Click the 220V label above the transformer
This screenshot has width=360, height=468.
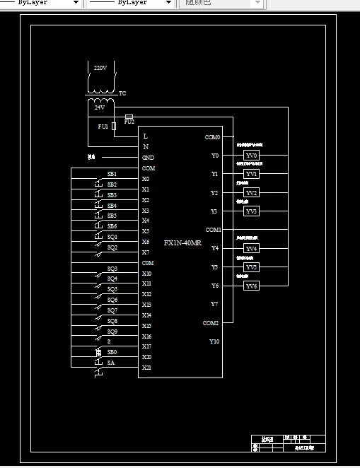[x=100, y=68]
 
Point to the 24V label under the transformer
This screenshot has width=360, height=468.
[x=100, y=107]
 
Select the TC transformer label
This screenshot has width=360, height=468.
[x=122, y=93]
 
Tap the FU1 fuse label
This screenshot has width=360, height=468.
[x=103, y=126]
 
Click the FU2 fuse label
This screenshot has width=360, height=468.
[x=129, y=122]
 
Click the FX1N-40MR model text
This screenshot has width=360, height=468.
[x=182, y=242]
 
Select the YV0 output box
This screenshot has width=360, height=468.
[x=252, y=156]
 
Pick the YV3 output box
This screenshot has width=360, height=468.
[x=252, y=211]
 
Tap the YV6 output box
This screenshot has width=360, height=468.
[x=252, y=286]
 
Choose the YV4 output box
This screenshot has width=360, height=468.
[x=252, y=248]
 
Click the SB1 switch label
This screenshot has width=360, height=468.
[x=112, y=174]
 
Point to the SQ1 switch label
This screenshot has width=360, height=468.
[x=112, y=238]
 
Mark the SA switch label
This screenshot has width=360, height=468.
[x=111, y=363]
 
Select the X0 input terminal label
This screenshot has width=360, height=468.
[x=146, y=179]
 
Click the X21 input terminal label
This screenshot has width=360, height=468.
[x=146, y=368]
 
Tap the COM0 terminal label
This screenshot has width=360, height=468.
[x=212, y=136]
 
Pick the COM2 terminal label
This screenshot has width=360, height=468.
[x=211, y=323]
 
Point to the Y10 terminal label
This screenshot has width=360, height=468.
[x=214, y=341]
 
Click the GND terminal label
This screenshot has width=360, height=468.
[x=148, y=158]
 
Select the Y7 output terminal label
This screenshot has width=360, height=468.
[x=214, y=304]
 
